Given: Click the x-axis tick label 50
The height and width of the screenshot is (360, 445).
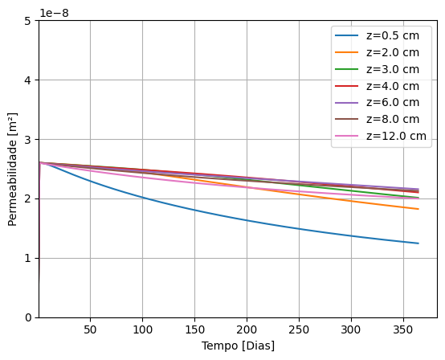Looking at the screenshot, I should (90, 329).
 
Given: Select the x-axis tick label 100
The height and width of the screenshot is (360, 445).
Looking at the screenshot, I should (142, 329).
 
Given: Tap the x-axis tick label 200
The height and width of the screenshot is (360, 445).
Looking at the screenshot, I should (247, 329).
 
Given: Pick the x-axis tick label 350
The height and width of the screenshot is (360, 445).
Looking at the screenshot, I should (402, 329).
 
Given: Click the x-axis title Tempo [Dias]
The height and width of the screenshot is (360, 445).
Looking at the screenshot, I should (238, 346).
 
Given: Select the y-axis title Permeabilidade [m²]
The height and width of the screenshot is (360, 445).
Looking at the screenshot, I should (13, 168).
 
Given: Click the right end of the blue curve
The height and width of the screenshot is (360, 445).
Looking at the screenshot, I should (418, 243).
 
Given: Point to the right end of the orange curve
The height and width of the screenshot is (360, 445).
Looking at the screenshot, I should (418, 209).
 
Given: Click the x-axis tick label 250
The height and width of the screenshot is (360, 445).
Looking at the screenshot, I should (298, 329).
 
